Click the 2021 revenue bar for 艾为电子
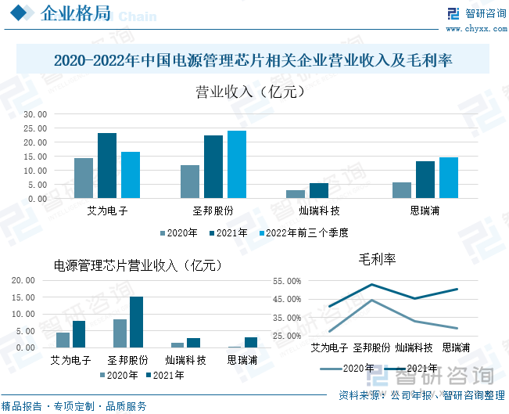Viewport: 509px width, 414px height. tap(107, 165)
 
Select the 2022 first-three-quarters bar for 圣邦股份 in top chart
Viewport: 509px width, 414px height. tap(236, 164)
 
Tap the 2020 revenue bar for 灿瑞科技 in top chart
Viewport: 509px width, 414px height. tap(296, 194)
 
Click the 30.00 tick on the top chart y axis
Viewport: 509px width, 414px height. tap(35, 114)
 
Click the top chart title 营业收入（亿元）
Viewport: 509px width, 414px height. tap(249, 92)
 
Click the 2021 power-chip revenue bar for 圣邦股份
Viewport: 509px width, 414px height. tap(137, 322)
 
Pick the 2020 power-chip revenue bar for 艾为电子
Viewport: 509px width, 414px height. tap(63, 340)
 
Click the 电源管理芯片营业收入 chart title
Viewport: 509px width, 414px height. tap(138, 265)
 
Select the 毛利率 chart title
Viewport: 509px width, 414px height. tap(377, 259)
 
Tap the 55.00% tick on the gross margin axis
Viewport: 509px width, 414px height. tap(285, 281)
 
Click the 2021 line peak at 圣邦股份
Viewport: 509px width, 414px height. tap(371, 284)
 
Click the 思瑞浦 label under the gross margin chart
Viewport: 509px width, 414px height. tap(456, 347)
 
